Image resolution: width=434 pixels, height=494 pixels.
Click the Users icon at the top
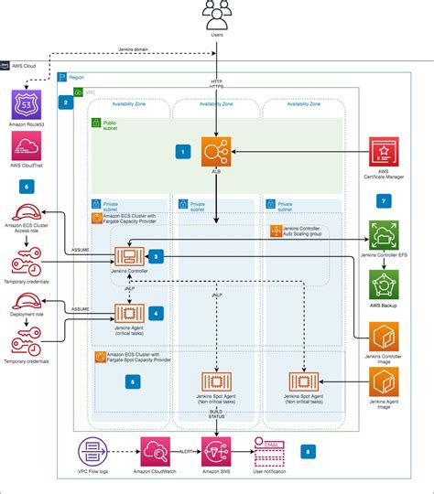click(217, 15)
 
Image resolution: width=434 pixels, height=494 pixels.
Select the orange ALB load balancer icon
click(217, 150)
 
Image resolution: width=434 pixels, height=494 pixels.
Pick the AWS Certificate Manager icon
click(385, 153)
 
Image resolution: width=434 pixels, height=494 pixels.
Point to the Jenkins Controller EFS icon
click(385, 236)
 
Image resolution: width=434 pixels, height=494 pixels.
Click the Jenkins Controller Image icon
click(385, 338)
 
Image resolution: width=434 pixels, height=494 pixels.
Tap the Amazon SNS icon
click(217, 453)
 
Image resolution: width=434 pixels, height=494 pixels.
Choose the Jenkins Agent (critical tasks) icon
click(127, 315)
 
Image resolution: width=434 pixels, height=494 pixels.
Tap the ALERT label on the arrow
click(187, 449)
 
